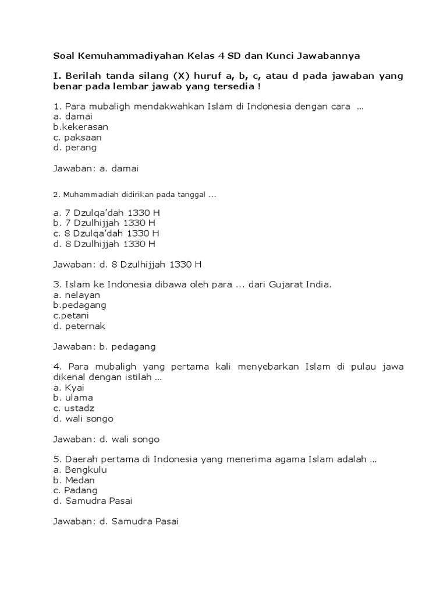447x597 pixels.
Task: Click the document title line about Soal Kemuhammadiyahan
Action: [207, 56]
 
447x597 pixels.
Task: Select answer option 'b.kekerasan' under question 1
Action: [80, 127]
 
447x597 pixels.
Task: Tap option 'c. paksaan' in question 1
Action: [77, 137]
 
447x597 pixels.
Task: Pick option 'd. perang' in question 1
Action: [75, 148]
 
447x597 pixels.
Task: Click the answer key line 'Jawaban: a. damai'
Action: [96, 169]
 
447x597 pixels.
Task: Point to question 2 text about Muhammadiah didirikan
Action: [134, 194]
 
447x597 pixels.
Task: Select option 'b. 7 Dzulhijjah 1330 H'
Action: [104, 223]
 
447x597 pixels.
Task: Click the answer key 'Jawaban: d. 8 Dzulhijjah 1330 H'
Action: [127, 264]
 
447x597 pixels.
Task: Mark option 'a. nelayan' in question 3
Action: [77, 295]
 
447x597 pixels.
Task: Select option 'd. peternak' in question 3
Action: [79, 326]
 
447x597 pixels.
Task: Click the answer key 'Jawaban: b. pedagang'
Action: [105, 346]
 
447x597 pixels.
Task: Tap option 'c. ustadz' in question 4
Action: [73, 408]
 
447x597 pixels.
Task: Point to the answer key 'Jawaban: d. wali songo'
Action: [107, 439]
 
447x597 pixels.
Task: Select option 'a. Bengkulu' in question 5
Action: [80, 469]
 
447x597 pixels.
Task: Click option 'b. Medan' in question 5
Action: [74, 480]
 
